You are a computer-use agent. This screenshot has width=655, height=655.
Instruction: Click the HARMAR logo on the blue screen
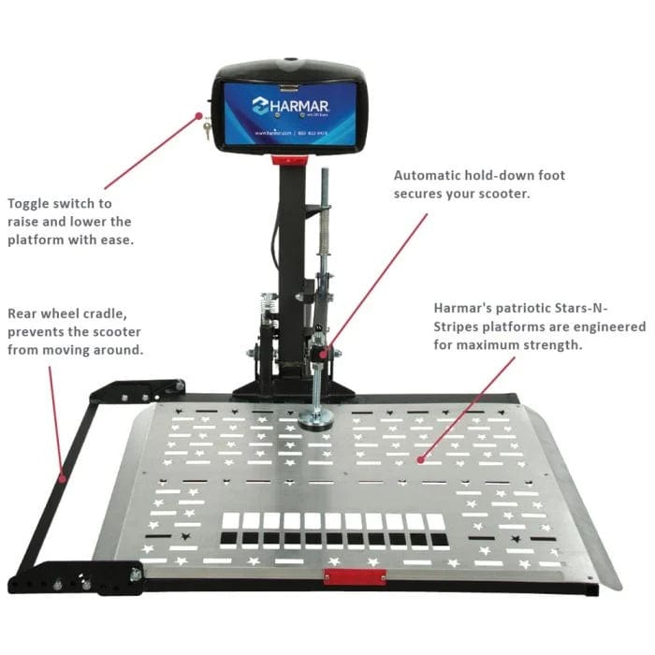pyautogui.click(x=289, y=103)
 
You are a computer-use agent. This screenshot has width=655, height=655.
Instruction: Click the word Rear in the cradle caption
pyautogui.click(x=24, y=313)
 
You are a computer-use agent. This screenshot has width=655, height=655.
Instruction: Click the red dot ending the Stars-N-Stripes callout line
pyautogui.click(x=421, y=459)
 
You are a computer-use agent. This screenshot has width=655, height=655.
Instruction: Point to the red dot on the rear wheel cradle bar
pyautogui.click(x=63, y=477)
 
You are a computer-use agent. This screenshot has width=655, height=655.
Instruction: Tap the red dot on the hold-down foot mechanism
pyautogui.click(x=324, y=353)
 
